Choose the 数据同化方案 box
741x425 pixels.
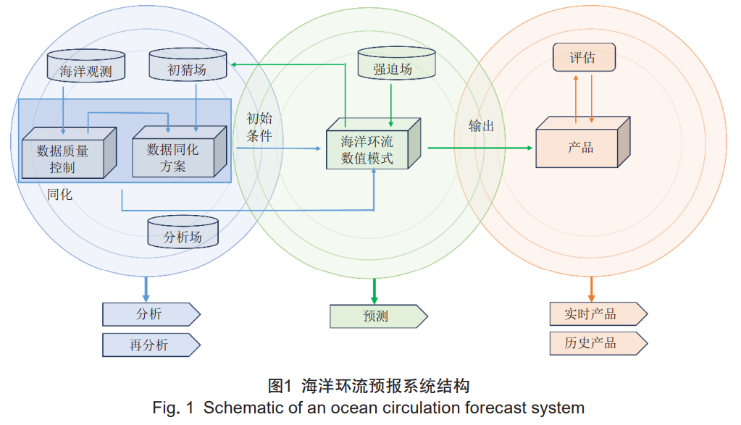point(174,154)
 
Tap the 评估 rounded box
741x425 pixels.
point(583,58)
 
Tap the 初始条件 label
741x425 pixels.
point(259,127)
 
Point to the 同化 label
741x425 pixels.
point(59,194)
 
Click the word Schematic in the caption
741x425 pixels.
point(239,408)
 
